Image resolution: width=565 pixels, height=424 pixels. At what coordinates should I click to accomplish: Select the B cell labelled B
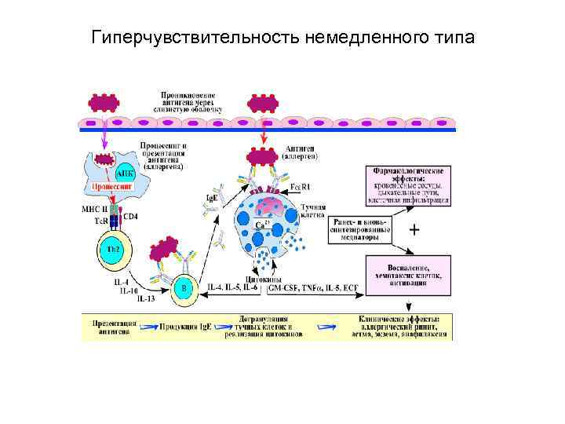pos(184,287)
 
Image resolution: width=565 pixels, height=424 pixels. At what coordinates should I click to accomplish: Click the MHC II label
pos(93,208)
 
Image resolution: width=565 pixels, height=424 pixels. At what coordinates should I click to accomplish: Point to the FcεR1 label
pos(301,187)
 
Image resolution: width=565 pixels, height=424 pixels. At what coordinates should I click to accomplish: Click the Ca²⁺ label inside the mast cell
pos(263,225)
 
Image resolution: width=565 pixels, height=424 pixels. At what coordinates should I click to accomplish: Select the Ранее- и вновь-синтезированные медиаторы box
pos(360,228)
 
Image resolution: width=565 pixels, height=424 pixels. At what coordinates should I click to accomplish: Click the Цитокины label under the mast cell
pos(260,278)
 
